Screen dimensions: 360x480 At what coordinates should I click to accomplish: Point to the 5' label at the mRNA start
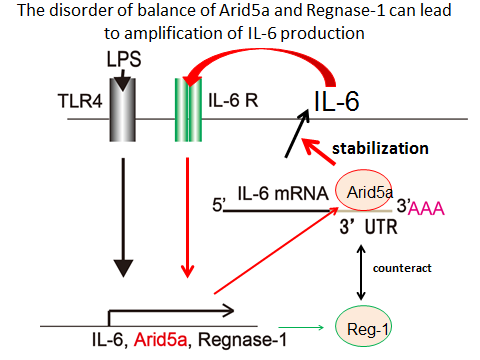click(218, 207)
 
